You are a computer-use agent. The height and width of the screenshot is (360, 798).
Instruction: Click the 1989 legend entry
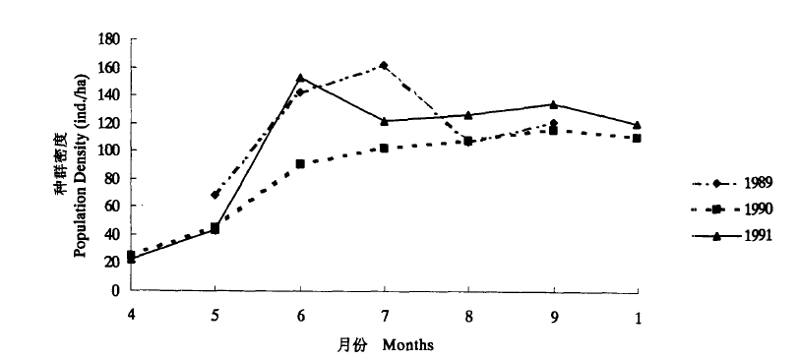point(744,183)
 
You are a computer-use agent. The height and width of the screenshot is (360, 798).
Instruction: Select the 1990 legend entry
point(744,209)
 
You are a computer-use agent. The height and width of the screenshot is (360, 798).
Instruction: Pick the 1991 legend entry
point(744,235)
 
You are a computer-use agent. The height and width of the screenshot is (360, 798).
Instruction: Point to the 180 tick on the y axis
point(108,39)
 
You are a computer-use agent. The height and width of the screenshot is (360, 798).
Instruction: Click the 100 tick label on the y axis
point(108,150)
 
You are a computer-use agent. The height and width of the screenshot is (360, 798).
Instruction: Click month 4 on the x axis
point(130,316)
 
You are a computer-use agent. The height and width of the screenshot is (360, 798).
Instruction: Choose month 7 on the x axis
point(384,316)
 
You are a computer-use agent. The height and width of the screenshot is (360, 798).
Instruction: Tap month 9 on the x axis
point(554,316)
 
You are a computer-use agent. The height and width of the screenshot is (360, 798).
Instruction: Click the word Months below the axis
point(408,345)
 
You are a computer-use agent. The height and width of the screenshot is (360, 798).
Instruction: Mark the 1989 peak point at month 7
point(383,66)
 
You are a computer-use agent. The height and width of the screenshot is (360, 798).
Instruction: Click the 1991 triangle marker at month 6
point(299,78)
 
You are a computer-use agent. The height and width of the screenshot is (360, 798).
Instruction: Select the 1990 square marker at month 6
point(299,164)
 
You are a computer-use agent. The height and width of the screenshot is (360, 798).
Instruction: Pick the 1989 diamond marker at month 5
point(215,195)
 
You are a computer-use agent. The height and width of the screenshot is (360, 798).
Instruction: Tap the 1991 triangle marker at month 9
point(554,104)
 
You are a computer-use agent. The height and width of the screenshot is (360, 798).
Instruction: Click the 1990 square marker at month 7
point(384,149)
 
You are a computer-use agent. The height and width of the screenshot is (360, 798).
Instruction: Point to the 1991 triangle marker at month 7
point(384,121)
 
